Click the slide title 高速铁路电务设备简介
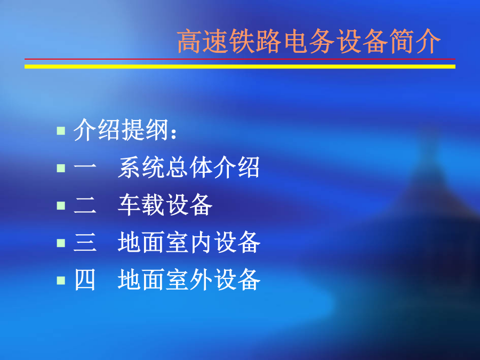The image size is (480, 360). (x=309, y=41)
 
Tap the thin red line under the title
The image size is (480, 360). (x=239, y=59)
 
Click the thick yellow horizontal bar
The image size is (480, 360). (x=239, y=67)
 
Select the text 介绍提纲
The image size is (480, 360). (x=121, y=130)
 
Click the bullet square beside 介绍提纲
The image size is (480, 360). (x=61, y=131)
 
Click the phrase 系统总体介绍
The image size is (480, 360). (x=189, y=167)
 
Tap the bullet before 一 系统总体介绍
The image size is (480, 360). (x=61, y=168)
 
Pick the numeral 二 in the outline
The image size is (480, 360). (x=85, y=205)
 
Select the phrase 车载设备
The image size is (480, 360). (x=165, y=205)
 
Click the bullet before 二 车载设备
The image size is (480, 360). (x=61, y=205)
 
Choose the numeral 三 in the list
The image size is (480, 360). (x=85, y=243)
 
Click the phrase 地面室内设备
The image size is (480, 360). (x=189, y=242)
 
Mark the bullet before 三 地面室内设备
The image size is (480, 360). (x=61, y=243)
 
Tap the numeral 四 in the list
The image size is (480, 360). (x=85, y=280)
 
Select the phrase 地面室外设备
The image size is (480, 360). (x=189, y=279)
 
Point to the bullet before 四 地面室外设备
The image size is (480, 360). (x=61, y=280)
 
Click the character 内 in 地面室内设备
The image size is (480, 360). (x=201, y=242)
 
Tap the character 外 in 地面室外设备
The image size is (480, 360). (x=201, y=279)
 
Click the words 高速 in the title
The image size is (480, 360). (x=203, y=41)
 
